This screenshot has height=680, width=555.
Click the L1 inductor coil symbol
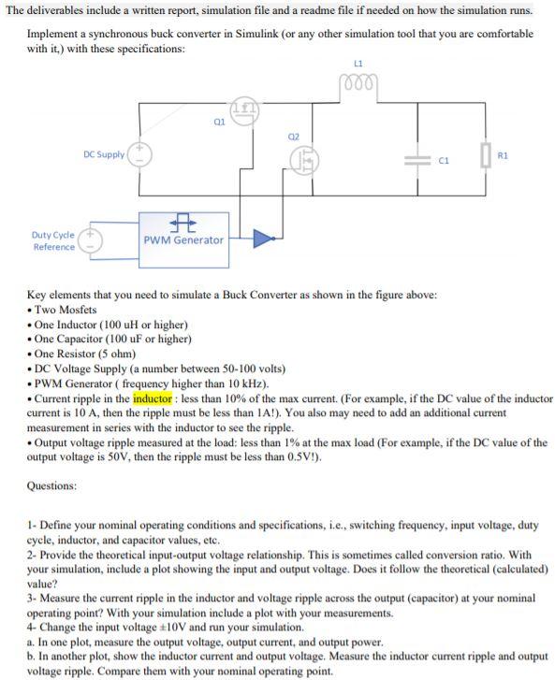[x=358, y=81]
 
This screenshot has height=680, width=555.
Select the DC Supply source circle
[x=140, y=154]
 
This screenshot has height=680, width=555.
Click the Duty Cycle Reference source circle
[x=94, y=240]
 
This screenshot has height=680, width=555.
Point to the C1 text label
[x=445, y=159]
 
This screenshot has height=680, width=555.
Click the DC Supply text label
[x=103, y=154]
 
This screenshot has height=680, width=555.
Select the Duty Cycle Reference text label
[x=53, y=240]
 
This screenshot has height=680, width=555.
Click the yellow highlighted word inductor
[x=153, y=398]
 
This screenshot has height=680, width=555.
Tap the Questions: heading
[x=52, y=485]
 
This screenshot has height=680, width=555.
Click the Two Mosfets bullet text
[x=66, y=310]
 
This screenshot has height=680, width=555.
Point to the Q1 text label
[x=219, y=120]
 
